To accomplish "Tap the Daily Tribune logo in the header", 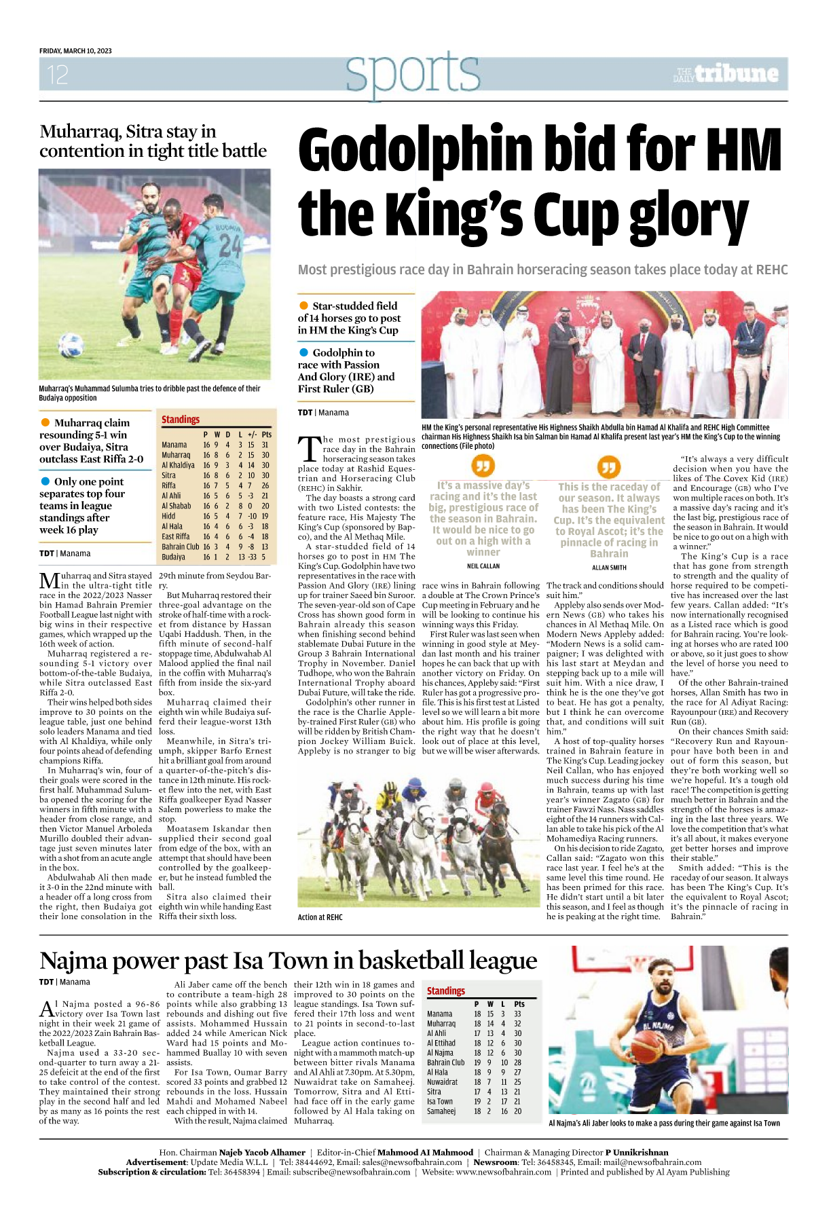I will point(726,74).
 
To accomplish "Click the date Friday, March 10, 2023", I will point(75,51).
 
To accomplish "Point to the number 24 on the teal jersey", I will point(229,245).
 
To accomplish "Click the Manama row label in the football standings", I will point(174,445).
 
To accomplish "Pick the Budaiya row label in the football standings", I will point(173,557).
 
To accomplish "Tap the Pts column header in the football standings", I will point(266,434).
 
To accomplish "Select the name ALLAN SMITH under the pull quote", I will point(609,568).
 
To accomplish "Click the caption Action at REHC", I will point(320,917).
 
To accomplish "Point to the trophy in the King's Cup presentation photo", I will point(582,335).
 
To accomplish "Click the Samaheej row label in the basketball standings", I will point(441,1111).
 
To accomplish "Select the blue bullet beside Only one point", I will point(45,481).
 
